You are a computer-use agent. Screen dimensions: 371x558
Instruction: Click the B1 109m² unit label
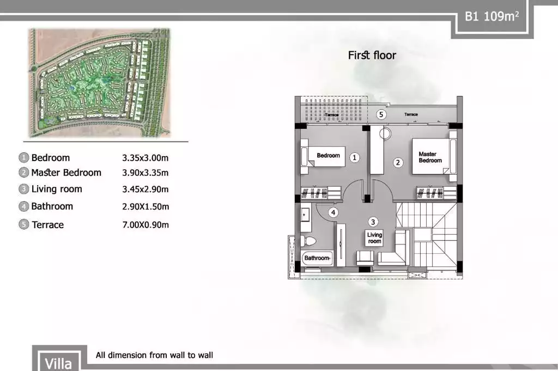491,16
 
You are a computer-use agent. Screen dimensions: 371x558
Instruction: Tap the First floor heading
372,55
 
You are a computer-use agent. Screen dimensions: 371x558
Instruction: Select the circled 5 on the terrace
381,115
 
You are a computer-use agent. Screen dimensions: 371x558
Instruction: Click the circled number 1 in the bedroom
355,158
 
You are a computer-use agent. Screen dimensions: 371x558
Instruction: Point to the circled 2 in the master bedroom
398,162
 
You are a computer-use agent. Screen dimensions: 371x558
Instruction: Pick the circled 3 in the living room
373,222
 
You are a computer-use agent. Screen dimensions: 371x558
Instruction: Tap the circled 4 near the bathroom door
333,212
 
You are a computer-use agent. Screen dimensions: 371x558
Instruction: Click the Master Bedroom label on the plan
430,157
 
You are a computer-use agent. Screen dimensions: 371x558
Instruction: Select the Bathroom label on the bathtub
317,258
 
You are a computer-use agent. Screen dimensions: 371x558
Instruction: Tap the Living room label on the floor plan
374,238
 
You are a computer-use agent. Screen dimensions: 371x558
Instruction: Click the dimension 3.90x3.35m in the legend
145,173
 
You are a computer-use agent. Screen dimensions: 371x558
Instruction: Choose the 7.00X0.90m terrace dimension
145,225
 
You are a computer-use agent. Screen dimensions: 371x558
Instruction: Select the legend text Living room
57,189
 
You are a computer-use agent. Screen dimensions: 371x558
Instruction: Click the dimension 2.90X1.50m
145,207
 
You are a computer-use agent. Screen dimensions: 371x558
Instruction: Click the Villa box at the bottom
58,362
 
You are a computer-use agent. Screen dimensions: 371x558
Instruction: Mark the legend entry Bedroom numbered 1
50,158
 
